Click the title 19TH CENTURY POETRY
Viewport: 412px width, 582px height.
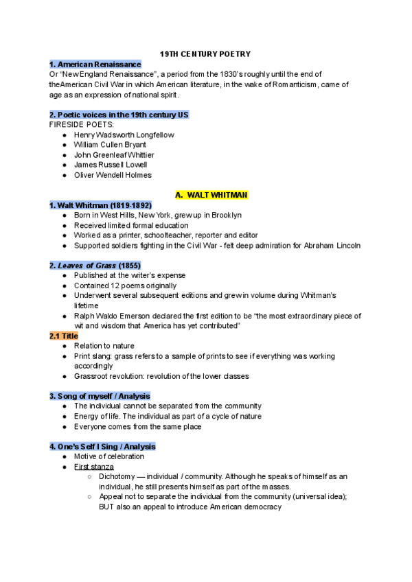coord(205,53)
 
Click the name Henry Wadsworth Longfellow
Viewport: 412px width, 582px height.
coord(124,135)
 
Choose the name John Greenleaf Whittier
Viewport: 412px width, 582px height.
coord(114,155)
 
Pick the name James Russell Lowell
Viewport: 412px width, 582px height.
coord(111,165)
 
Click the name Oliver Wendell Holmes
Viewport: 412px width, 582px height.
coord(113,175)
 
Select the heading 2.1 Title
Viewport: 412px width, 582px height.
coord(64,336)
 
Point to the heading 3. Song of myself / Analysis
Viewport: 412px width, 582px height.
coord(100,396)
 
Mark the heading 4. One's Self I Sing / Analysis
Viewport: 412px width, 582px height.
coord(102,446)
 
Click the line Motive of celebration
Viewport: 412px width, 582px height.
coord(109,456)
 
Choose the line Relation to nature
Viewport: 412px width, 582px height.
coord(104,346)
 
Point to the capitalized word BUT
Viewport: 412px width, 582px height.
coord(108,507)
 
